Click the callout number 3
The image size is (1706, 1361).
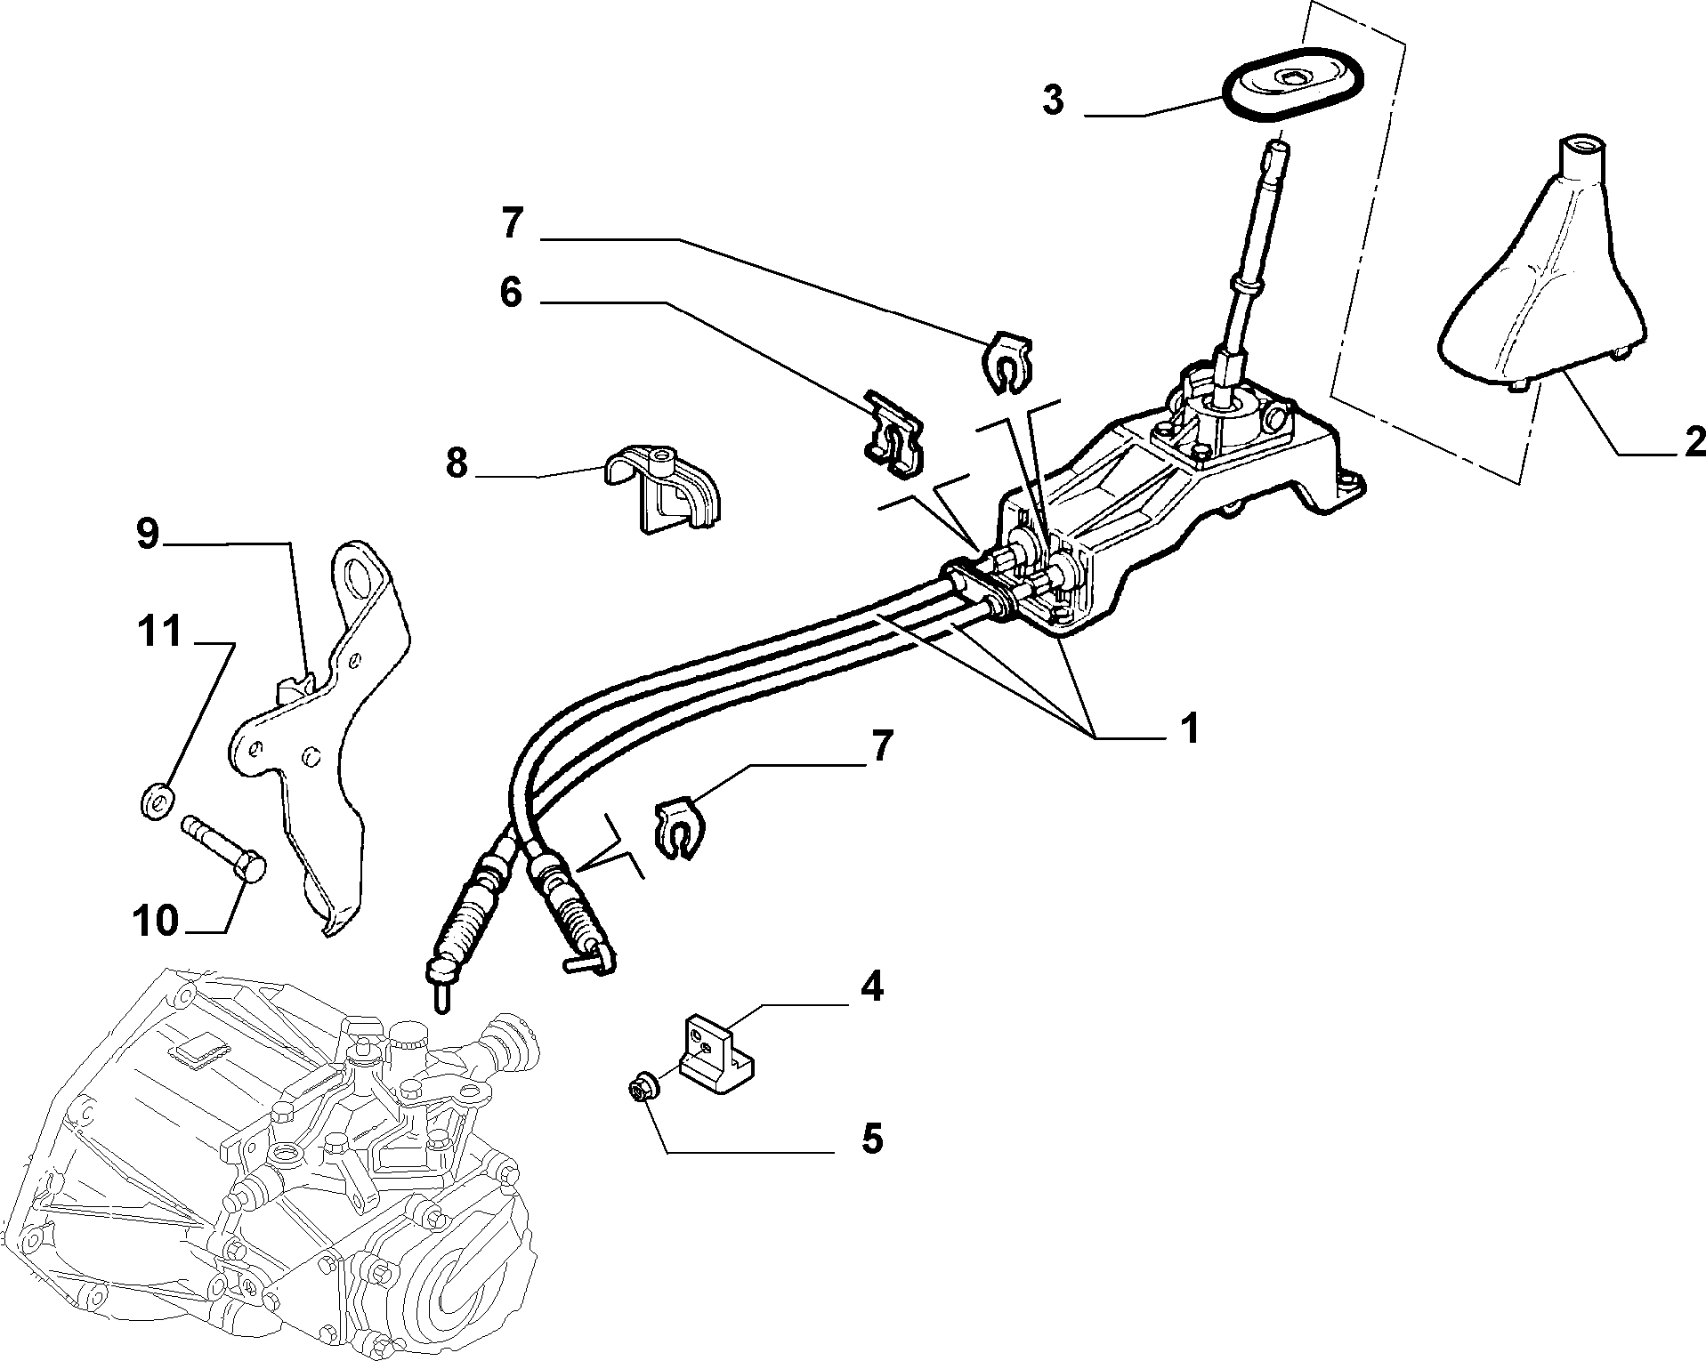(x=1053, y=100)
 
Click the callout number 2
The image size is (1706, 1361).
(x=1694, y=442)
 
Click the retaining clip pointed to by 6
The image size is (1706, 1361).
(x=893, y=430)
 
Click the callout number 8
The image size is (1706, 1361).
(x=457, y=464)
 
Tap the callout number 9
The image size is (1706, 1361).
(x=148, y=535)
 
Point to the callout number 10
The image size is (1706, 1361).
(x=156, y=921)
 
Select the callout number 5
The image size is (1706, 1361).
(x=872, y=1139)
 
